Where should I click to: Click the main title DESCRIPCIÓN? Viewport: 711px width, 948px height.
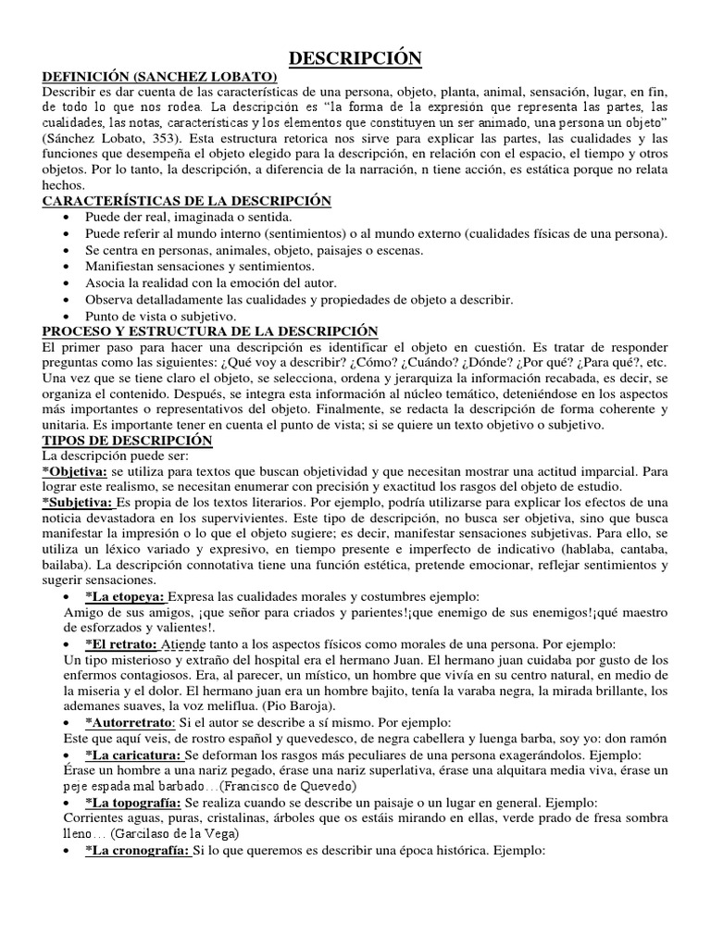coord(355,59)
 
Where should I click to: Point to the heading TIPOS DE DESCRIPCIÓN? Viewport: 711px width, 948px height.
coord(128,441)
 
